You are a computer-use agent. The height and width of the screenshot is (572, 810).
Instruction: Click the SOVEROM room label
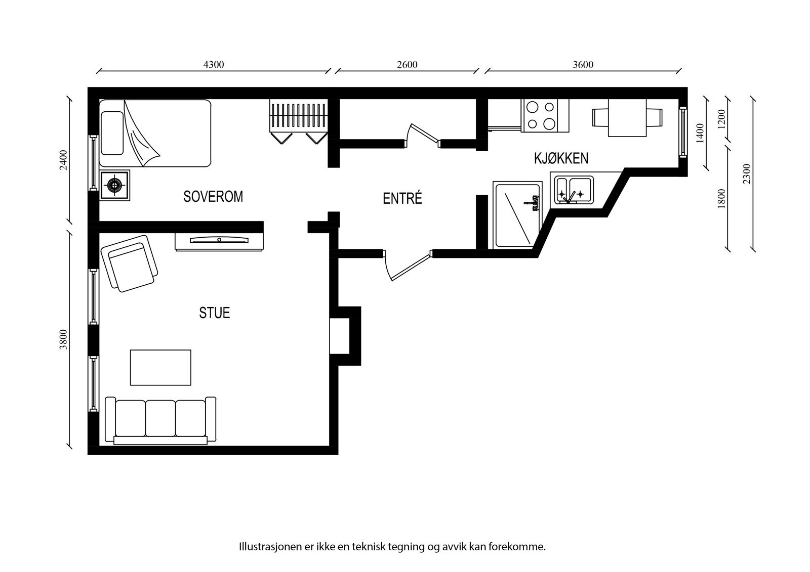pyautogui.click(x=213, y=197)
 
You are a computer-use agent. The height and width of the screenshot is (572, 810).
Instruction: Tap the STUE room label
pyautogui.click(x=215, y=313)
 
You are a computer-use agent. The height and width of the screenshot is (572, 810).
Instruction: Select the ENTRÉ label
pyautogui.click(x=402, y=198)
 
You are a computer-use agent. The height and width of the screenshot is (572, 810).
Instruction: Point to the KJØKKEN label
pyautogui.click(x=561, y=158)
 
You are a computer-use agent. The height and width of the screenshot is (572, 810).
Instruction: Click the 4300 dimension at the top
pyautogui.click(x=214, y=65)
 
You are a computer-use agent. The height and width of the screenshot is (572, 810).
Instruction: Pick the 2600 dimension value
pyautogui.click(x=407, y=65)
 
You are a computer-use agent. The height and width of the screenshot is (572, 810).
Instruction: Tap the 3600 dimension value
pyautogui.click(x=583, y=65)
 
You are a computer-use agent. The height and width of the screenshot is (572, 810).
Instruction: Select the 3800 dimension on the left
pyautogui.click(x=64, y=340)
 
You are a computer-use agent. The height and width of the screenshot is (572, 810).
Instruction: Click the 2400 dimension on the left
pyautogui.click(x=64, y=160)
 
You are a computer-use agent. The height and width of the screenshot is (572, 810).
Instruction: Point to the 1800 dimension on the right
pyautogui.click(x=721, y=199)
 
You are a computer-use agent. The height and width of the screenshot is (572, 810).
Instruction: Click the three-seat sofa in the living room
pyautogui.click(x=160, y=421)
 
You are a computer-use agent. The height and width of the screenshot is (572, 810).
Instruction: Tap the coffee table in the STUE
pyautogui.click(x=160, y=368)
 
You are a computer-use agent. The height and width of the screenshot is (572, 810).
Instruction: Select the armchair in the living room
pyautogui.click(x=129, y=263)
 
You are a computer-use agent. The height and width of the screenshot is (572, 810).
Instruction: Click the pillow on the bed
pyautogui.click(x=112, y=134)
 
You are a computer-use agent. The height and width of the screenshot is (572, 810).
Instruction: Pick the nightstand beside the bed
pyautogui.click(x=114, y=186)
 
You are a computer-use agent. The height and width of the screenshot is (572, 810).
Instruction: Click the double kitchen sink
pyautogui.click(x=574, y=191)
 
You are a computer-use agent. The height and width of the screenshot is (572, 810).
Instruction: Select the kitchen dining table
pyautogui.click(x=627, y=118)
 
